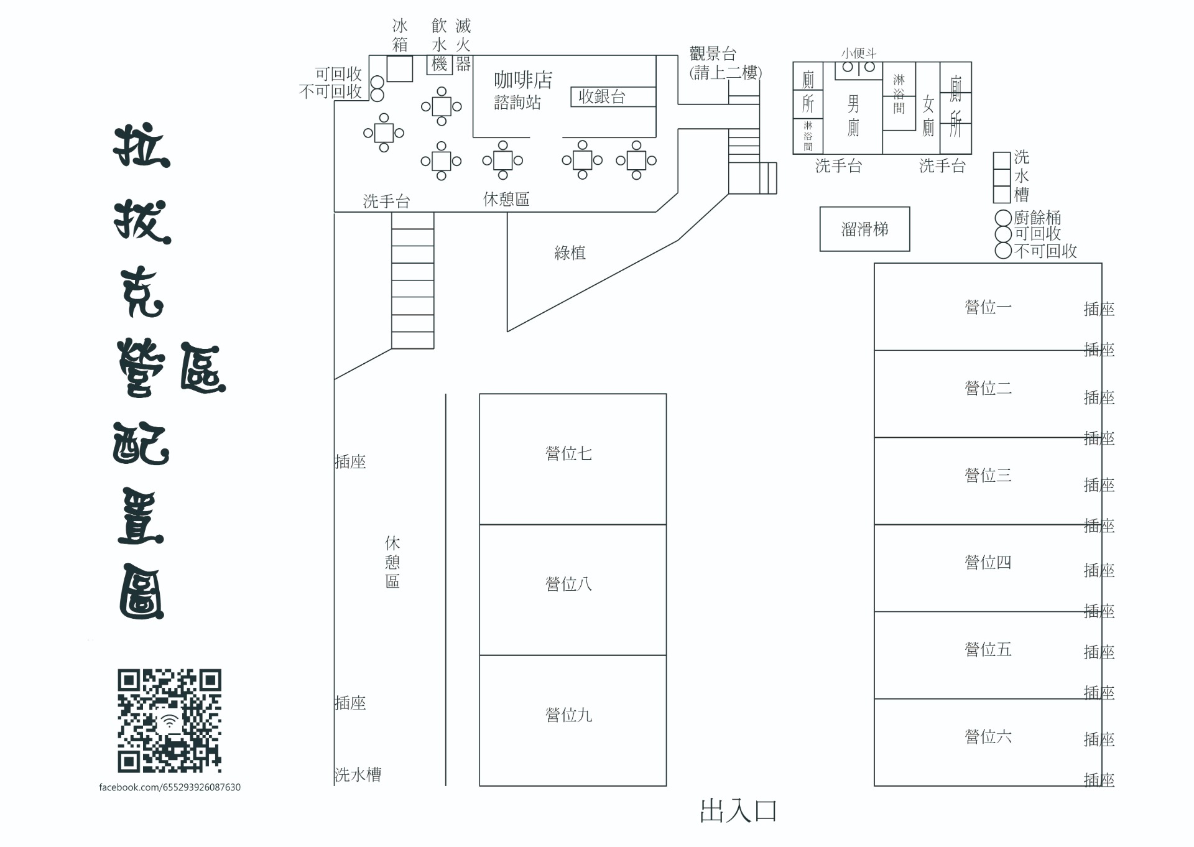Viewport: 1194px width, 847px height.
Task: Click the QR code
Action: coord(169,720)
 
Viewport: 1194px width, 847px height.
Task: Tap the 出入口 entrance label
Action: coord(738,811)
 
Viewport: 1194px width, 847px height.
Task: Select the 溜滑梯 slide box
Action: coord(864,229)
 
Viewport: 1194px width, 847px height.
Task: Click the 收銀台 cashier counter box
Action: coord(613,96)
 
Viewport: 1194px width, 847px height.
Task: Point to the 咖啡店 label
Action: coord(523,80)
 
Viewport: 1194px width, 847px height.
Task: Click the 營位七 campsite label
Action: coord(568,453)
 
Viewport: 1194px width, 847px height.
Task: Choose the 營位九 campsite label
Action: coord(568,715)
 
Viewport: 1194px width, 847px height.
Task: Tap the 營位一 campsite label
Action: coord(988,307)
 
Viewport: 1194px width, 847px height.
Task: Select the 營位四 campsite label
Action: coord(988,562)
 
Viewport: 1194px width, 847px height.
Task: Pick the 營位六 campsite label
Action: coord(988,736)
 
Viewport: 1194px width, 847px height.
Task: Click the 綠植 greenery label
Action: coord(570,252)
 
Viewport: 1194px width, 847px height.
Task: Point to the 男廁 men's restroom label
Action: coord(853,115)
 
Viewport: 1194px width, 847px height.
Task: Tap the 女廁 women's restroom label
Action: coord(928,116)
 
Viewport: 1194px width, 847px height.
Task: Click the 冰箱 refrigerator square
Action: coord(399,68)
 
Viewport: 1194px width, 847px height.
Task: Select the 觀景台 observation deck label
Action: coord(713,53)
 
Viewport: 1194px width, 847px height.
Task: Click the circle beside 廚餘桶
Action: coord(1003,218)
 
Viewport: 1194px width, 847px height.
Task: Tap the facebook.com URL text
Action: coord(170,787)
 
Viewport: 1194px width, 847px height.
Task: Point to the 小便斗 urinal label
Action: coord(858,53)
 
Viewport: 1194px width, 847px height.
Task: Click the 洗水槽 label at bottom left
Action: coord(358,774)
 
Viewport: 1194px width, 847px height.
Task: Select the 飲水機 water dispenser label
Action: coord(439,45)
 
